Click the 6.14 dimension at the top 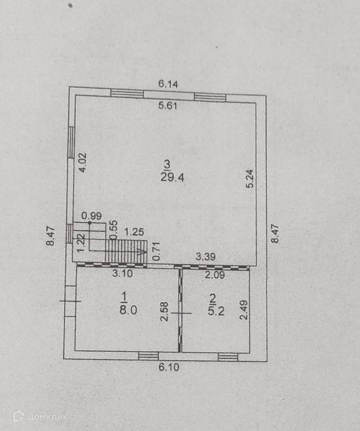tap(168, 84)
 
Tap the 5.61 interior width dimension tap(168, 106)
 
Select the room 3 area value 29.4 tap(172, 177)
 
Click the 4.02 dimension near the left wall tap(82, 162)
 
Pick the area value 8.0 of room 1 tap(128, 310)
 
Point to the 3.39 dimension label tap(206, 257)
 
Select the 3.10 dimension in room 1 tap(122, 274)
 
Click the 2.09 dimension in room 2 tap(214, 275)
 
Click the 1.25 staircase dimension tap(134, 232)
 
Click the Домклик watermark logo tap(40, 416)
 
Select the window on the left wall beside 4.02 tap(71, 142)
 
